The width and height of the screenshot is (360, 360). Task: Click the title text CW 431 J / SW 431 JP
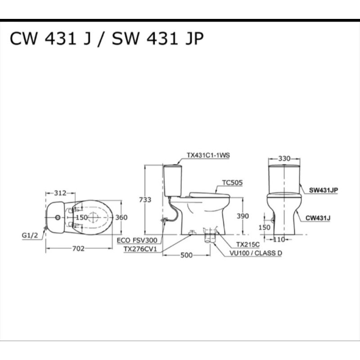107,40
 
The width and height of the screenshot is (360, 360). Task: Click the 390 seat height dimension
243,216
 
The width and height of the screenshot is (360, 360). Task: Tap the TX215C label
248,244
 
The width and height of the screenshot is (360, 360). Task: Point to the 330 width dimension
284,158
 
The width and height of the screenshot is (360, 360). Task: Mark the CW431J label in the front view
318,218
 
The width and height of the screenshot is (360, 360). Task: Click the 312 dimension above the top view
60,193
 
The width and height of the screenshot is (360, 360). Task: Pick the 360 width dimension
121,217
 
